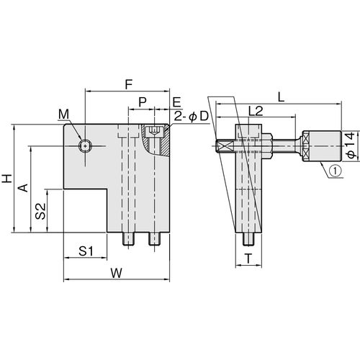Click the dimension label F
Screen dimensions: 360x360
click(129, 84)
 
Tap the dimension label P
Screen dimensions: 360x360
click(143, 102)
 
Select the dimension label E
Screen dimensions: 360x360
click(177, 102)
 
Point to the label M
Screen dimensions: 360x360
click(64, 114)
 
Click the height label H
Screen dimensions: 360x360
click(7, 179)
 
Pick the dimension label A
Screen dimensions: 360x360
click(24, 188)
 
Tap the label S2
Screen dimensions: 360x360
click(40, 211)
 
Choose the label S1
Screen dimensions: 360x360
click(86, 251)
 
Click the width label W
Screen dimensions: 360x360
click(117, 273)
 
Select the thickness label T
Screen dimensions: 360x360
click(248, 258)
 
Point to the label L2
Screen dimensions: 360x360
click(256, 111)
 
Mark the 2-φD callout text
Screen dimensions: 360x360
click(191, 117)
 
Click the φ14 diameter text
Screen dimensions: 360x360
click(351, 145)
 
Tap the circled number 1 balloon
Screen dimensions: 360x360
click(336, 171)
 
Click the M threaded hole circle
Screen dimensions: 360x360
click(85, 145)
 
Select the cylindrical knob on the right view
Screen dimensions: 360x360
click(322, 146)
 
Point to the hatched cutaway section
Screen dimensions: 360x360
click(156, 140)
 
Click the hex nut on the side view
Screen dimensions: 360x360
click(266, 146)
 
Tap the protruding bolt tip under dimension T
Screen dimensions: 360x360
click(248, 239)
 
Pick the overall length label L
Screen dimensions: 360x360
click(281, 97)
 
